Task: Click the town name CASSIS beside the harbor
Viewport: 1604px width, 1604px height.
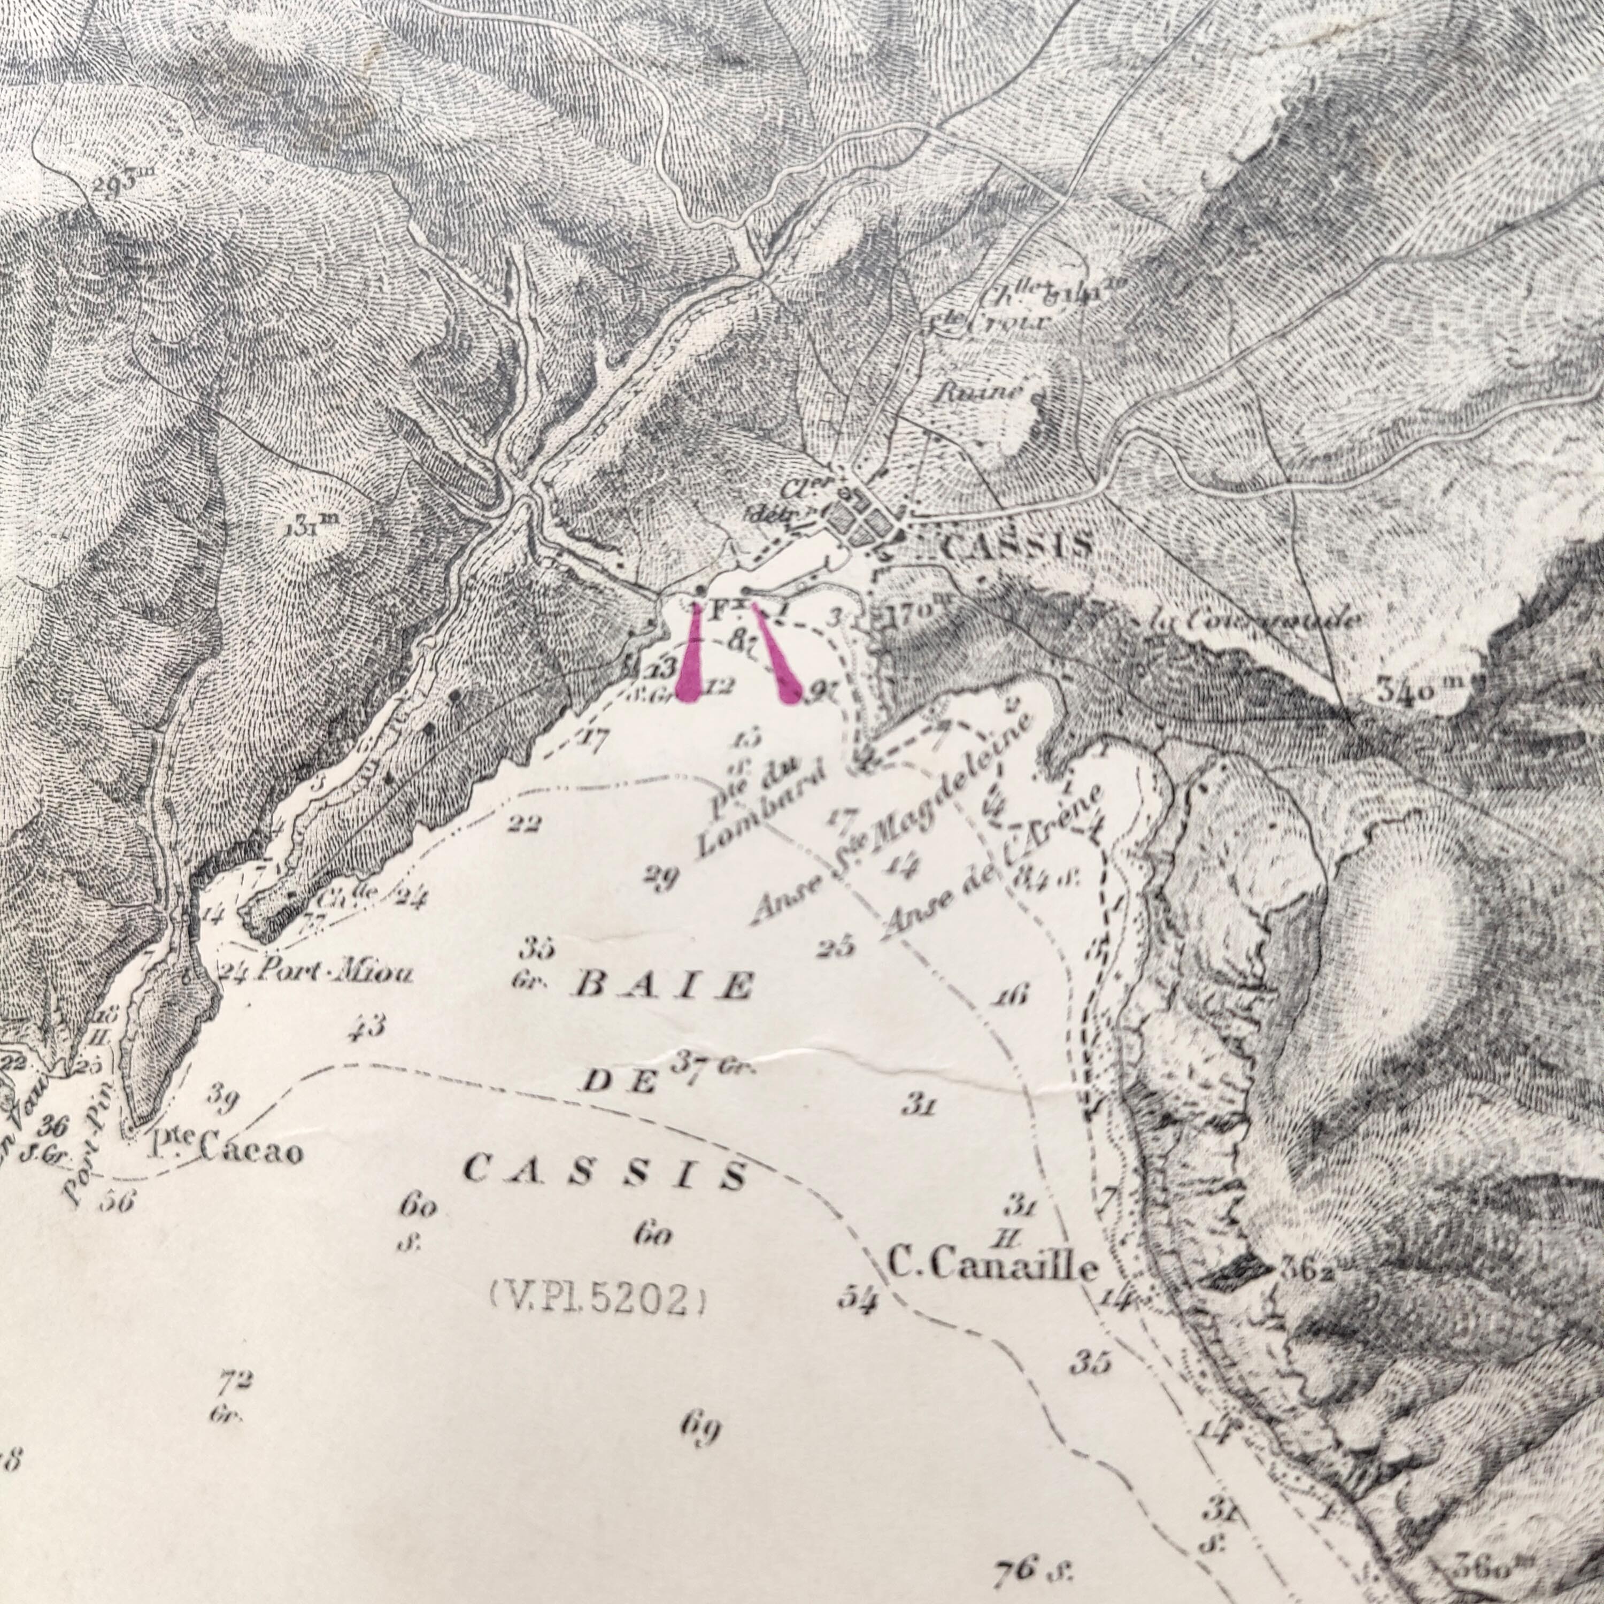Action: pos(1017,545)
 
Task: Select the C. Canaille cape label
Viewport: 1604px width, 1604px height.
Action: pos(993,1265)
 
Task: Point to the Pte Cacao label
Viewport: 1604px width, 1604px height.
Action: pos(225,1150)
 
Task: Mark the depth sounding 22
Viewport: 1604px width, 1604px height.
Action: pos(525,824)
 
